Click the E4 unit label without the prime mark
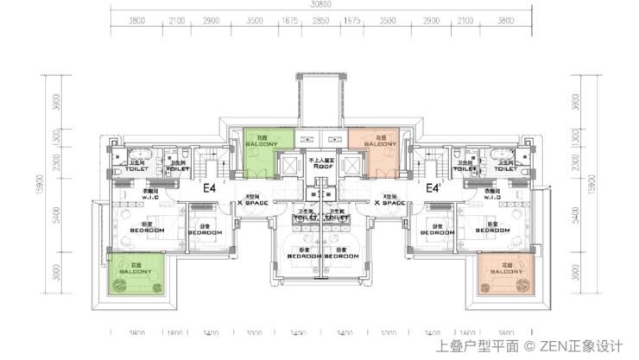pyautogui.click(x=209, y=187)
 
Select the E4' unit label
pyautogui.click(x=433, y=187)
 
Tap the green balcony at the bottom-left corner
pyautogui.click(x=136, y=272)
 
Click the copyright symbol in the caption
pyautogui.click(x=529, y=346)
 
